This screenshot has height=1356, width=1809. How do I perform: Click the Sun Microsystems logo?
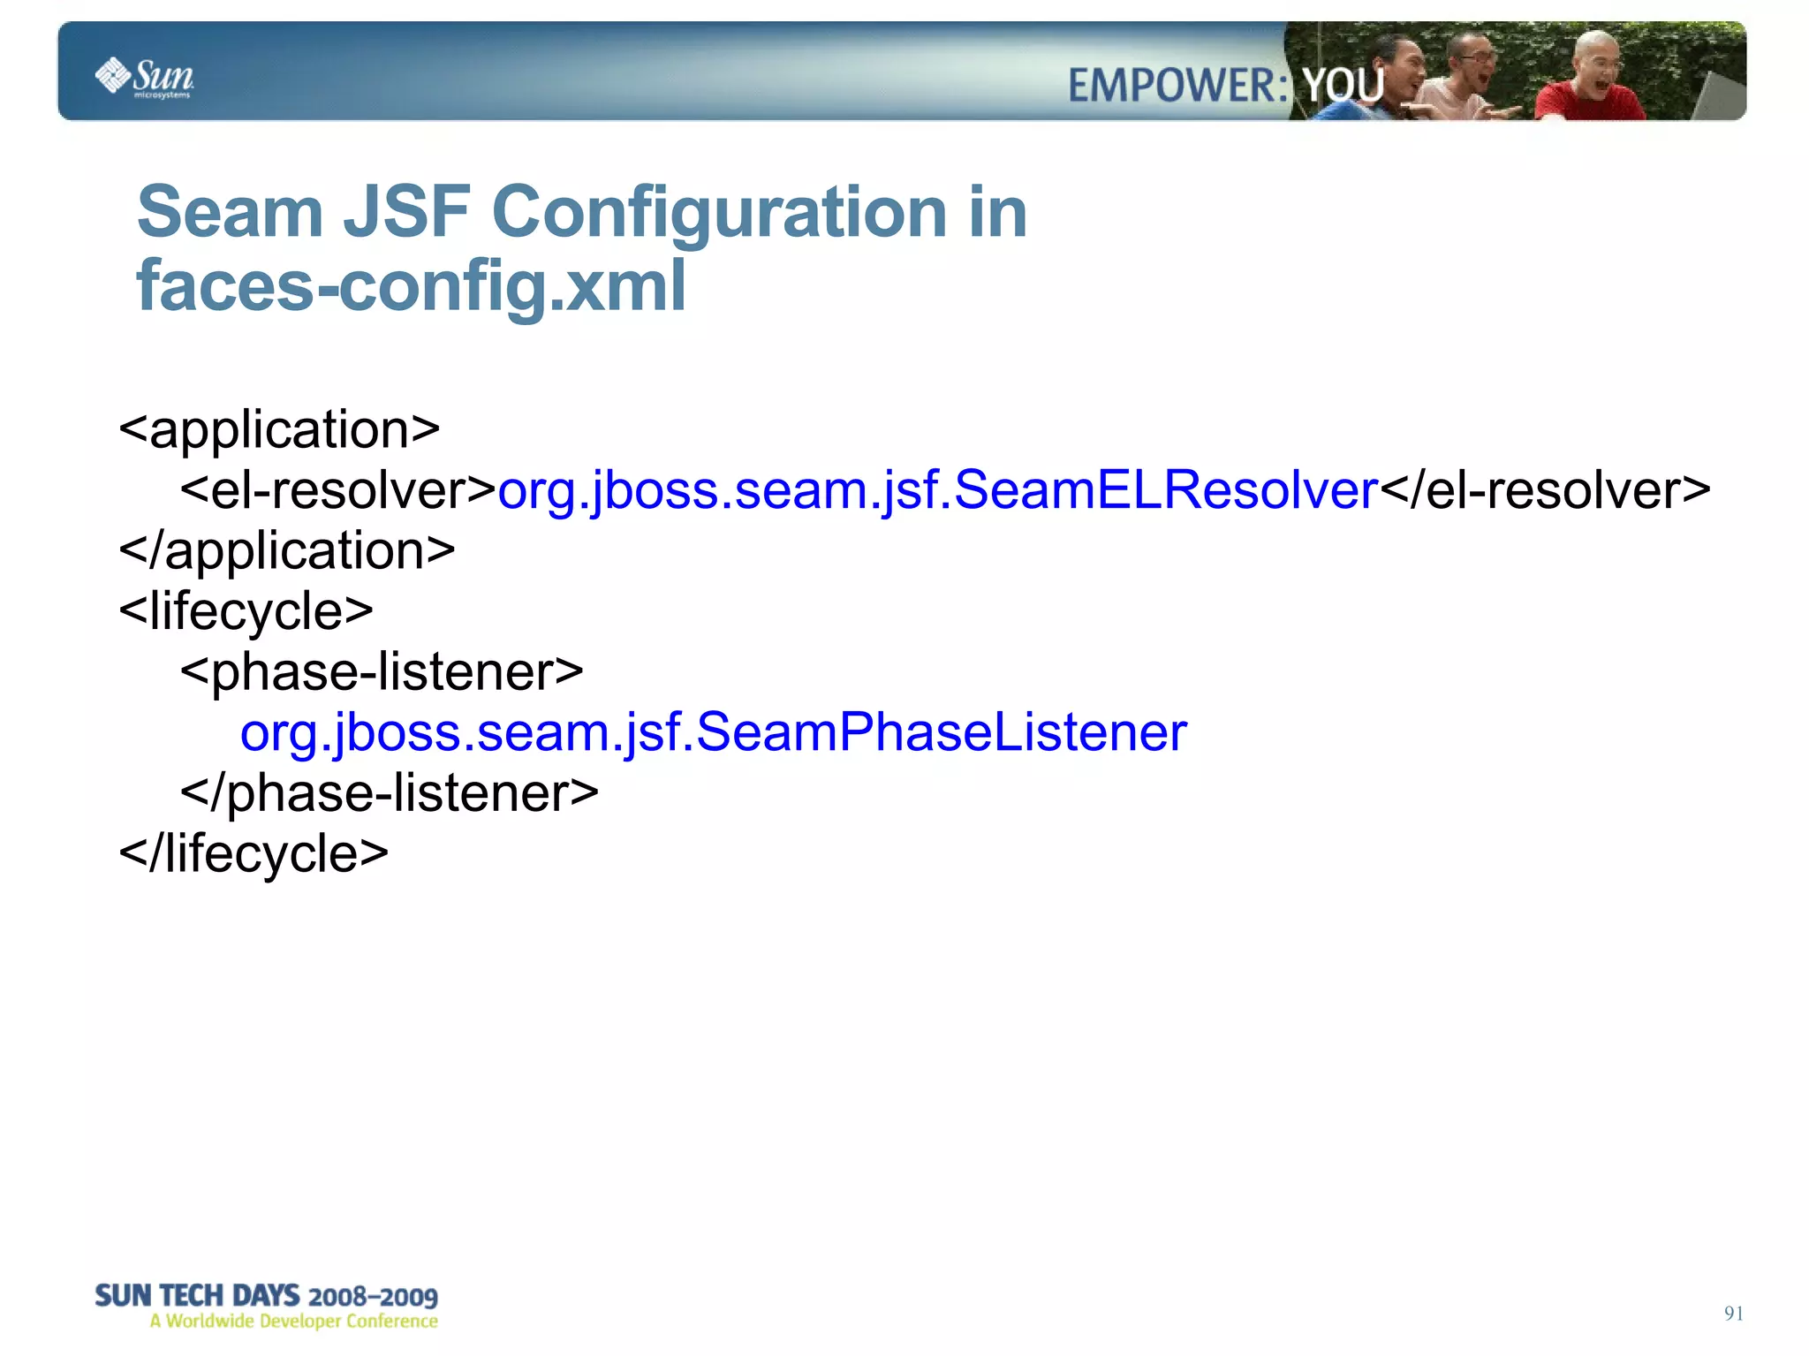click(x=145, y=78)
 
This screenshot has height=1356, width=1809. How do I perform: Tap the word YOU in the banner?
click(x=1343, y=86)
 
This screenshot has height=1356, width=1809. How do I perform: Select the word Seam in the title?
click(x=230, y=213)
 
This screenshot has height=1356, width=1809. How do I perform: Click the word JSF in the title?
click(x=406, y=213)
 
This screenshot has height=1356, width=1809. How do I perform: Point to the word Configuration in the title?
click(x=719, y=213)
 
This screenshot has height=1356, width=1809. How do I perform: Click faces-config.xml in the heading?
click(x=411, y=286)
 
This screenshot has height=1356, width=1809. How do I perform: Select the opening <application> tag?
click(x=279, y=430)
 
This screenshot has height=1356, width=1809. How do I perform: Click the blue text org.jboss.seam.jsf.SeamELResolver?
click(x=937, y=490)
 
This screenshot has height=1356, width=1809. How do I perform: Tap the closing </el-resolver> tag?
click(x=1545, y=490)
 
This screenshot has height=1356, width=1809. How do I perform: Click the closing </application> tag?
click(x=287, y=551)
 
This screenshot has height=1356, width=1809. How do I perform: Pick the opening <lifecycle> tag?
click(x=246, y=611)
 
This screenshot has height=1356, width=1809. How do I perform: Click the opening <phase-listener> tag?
click(x=382, y=672)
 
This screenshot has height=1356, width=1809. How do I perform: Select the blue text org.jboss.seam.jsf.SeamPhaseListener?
click(x=713, y=732)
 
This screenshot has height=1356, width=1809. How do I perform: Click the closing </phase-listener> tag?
click(x=390, y=792)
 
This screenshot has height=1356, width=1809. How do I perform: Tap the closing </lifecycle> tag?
click(x=254, y=853)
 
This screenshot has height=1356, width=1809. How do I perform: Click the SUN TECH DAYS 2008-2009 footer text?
click(x=266, y=1296)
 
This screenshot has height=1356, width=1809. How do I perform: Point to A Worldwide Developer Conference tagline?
click(x=293, y=1322)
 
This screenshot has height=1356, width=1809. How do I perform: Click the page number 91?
click(x=1733, y=1314)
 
